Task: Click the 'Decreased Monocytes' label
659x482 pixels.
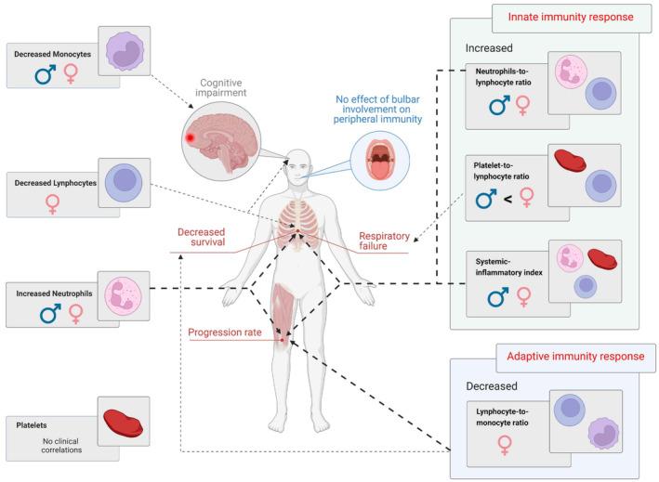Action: point(52,55)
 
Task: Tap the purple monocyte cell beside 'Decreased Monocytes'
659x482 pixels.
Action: point(122,52)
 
